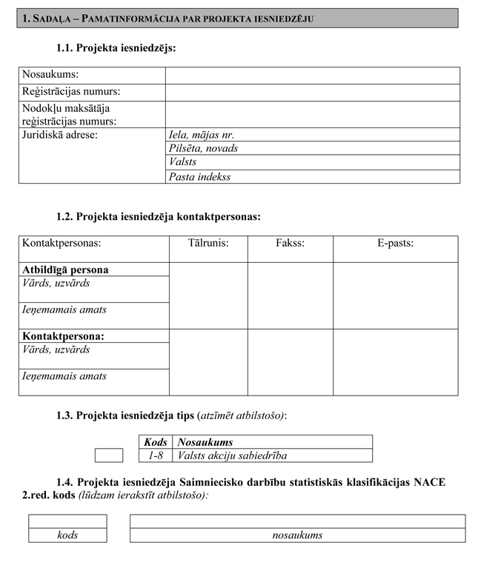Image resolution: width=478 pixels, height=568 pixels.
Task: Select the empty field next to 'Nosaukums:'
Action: pos(312,76)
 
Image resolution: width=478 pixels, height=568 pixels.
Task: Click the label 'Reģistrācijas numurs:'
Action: pos(71,92)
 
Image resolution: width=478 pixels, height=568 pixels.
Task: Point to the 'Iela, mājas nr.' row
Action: pos(312,135)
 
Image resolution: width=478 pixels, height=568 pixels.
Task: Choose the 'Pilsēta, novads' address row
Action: pos(312,148)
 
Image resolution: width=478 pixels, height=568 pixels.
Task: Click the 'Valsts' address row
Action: pos(312,162)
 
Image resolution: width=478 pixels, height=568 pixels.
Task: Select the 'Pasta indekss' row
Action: pos(312,177)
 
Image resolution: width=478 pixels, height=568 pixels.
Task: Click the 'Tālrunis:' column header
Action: pos(208,243)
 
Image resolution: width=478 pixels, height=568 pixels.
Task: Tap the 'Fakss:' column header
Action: pos(290,243)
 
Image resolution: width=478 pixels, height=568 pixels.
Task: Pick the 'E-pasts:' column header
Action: pos(395,243)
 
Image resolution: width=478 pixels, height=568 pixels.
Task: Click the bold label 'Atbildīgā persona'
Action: pos(66,270)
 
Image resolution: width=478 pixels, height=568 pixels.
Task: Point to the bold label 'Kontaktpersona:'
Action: pos(63,336)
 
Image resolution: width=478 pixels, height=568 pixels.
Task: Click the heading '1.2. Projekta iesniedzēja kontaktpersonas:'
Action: pos(158,217)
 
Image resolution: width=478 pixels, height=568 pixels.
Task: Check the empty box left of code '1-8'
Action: pos(109,455)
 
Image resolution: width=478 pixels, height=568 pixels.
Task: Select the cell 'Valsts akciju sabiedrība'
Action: pos(232,455)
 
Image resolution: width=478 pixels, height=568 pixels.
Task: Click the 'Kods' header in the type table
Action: pos(156,442)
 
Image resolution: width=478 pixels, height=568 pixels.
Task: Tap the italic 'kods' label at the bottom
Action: pos(67,535)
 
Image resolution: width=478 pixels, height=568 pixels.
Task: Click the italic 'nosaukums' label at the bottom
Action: pos(297,535)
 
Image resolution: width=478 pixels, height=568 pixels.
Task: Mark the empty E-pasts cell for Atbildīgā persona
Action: pos(395,295)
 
